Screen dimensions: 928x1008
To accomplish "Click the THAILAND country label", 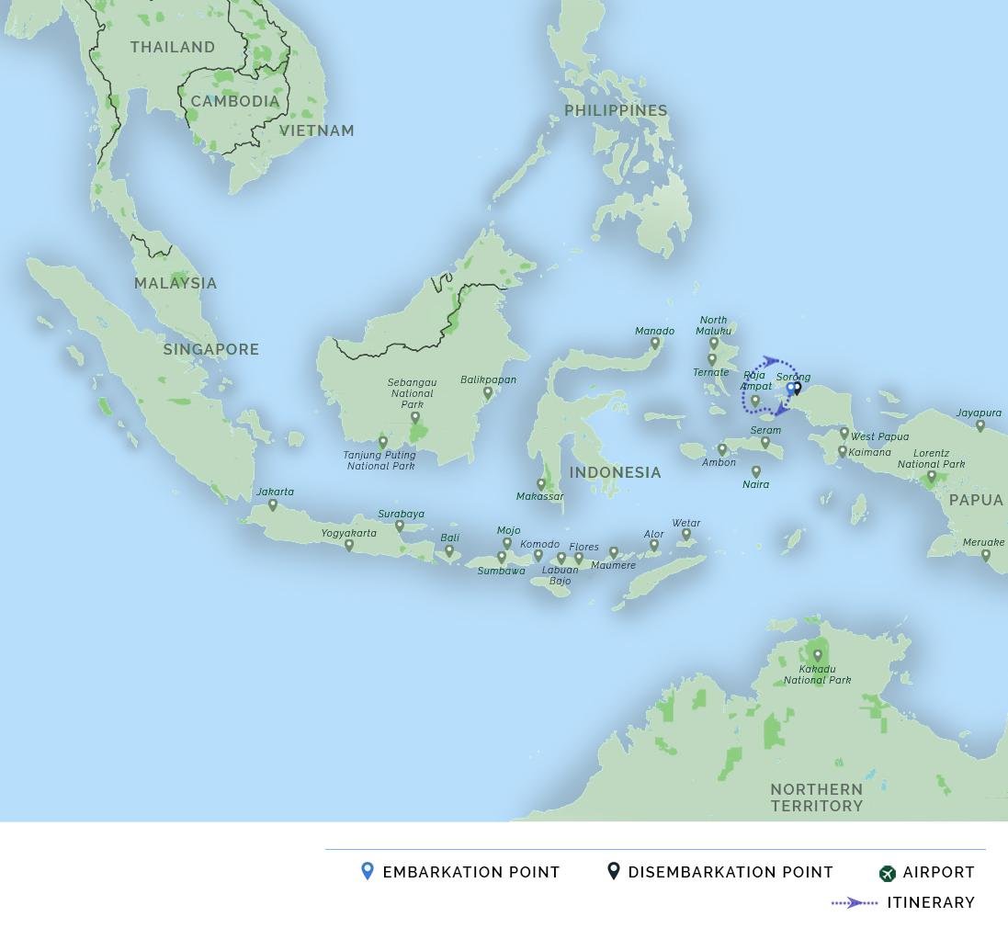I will (173, 47).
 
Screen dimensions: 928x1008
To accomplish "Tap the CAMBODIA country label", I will (235, 101).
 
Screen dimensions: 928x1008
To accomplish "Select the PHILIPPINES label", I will (616, 110).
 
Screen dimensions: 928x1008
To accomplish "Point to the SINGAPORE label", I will (211, 349).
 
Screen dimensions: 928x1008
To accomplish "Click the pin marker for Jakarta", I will (273, 504).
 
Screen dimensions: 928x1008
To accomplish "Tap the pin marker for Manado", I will (655, 344).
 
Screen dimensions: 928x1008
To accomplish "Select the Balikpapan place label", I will (488, 379).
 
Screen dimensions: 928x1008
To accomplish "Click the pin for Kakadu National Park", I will (818, 656).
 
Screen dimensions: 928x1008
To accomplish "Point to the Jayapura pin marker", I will (980, 425).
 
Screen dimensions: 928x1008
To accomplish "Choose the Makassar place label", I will (540, 496).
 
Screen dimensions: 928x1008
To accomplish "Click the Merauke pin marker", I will (986, 555).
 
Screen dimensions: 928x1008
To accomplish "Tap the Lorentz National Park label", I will (931, 458).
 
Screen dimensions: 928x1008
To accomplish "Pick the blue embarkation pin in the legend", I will (368, 871).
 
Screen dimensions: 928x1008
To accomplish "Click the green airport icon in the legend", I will (887, 873).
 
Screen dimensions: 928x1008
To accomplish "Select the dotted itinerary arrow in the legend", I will (855, 902).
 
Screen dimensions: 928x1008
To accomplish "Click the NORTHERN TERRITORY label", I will (817, 798).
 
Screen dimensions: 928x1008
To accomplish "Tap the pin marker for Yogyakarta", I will (349, 545).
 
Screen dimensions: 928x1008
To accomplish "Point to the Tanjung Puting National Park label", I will (380, 460).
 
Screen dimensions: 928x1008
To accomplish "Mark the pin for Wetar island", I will (686, 535).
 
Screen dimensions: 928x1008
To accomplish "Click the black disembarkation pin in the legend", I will (614, 871).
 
